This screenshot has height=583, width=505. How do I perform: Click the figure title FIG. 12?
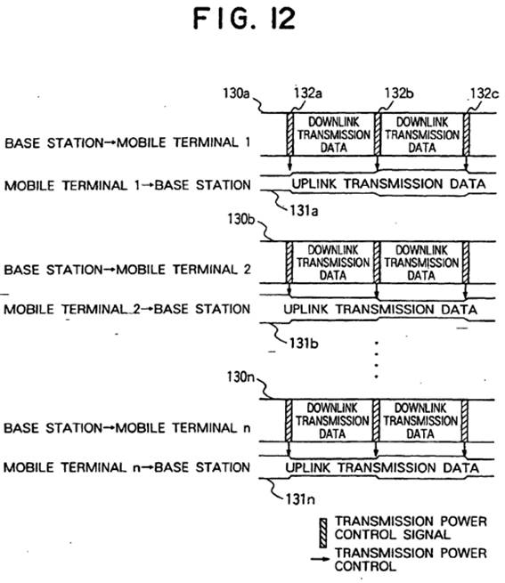click(245, 19)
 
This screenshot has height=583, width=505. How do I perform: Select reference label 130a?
click(236, 93)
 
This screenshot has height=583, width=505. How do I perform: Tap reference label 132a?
click(308, 93)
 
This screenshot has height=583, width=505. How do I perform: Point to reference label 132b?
click(399, 93)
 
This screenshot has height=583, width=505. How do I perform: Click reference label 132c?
click(485, 93)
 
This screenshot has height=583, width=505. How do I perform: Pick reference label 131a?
click(304, 211)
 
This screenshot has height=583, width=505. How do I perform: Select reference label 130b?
click(241, 219)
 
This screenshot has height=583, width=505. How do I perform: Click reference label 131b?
click(304, 344)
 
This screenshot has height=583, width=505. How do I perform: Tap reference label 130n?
click(240, 377)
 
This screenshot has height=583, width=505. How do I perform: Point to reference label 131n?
click(300, 499)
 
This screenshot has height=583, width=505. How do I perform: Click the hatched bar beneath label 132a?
click(290, 134)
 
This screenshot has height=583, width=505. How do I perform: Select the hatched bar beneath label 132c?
click(467, 134)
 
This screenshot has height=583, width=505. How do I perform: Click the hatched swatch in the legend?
click(323, 533)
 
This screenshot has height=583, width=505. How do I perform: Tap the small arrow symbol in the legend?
click(320, 559)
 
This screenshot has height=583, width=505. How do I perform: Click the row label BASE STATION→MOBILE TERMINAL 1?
click(127, 142)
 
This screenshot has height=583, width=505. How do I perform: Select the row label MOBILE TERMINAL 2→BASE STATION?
click(126, 309)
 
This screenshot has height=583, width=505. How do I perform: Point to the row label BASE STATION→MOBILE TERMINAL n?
click(126, 428)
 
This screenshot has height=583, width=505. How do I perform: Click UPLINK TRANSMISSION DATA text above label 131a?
click(388, 183)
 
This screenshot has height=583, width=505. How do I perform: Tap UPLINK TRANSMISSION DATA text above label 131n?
click(382, 467)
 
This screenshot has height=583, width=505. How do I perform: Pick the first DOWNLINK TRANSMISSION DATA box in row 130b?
click(333, 263)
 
